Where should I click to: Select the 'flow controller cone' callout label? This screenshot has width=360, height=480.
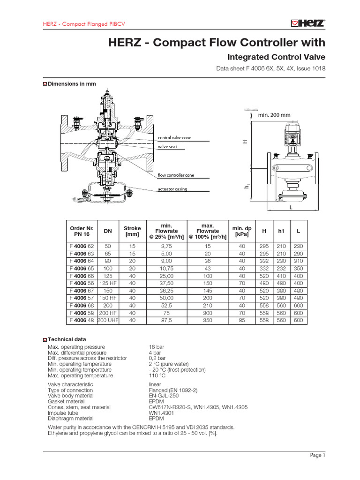point(176,175)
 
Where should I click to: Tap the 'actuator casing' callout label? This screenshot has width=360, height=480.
point(172,189)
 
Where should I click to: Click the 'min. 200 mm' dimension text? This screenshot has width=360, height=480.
point(274,115)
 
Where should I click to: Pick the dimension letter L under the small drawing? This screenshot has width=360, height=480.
point(291,207)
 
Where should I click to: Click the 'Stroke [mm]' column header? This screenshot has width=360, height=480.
point(132,231)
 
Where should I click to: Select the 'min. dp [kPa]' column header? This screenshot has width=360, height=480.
point(242,231)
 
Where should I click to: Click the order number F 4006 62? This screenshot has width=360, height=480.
point(82,247)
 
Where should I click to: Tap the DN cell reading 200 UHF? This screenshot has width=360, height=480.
point(108,321)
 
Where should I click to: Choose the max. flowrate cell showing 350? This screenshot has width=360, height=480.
point(207,321)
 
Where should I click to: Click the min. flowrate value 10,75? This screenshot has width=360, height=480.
point(166,269)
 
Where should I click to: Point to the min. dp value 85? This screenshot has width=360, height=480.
point(242,321)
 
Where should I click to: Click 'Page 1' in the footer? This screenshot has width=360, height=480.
point(317,455)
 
